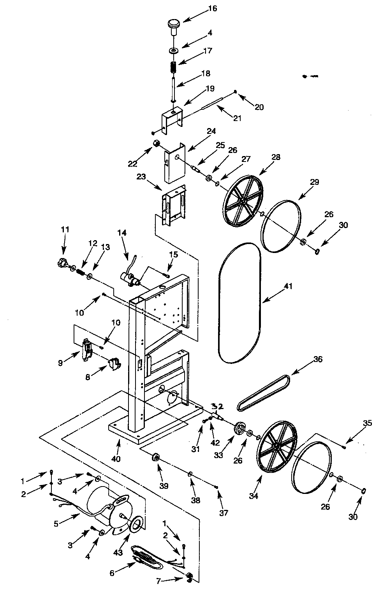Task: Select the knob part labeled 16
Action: point(173,24)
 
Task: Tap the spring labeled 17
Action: point(174,67)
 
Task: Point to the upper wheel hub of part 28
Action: point(242,201)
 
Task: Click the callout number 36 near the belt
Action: point(317,359)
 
